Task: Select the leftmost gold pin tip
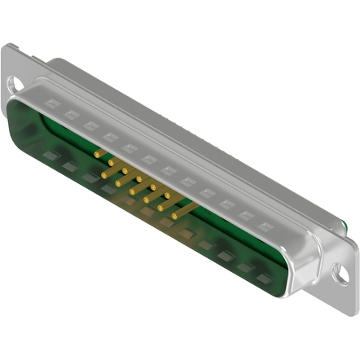97,152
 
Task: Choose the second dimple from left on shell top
70,115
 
